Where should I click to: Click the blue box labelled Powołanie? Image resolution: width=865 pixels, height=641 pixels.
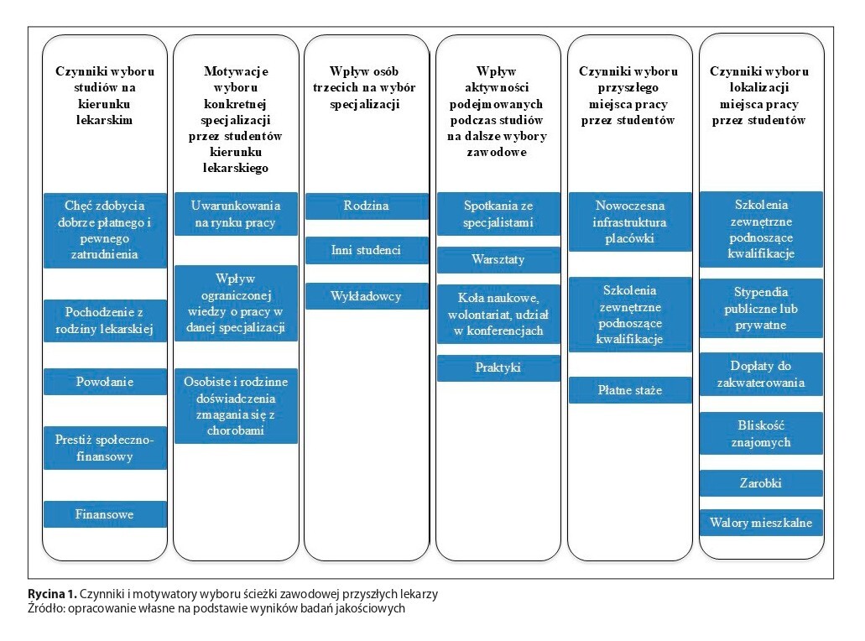point(105,382)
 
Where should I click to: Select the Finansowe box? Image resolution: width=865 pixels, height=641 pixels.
point(105,514)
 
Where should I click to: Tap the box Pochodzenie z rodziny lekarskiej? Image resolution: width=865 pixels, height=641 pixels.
point(105,320)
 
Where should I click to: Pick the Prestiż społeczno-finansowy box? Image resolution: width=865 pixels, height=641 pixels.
point(105,448)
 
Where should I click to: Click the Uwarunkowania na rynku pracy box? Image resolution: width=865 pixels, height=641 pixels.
point(236,214)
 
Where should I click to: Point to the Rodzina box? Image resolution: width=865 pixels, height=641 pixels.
point(367,206)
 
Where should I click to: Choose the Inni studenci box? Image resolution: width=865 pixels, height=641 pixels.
point(367,250)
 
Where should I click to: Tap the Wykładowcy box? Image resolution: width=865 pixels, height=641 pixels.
point(367,296)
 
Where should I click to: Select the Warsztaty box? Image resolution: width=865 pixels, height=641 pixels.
point(498,260)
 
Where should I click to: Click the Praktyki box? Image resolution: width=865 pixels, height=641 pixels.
point(498,368)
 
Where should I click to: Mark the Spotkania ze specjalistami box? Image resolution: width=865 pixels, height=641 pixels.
point(498,214)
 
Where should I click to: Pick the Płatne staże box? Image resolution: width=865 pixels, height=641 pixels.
point(630,390)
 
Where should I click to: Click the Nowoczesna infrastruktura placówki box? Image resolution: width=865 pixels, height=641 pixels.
point(630,221)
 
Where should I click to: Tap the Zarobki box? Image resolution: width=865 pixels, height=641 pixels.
point(761,483)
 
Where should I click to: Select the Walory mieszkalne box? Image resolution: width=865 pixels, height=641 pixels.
point(761,523)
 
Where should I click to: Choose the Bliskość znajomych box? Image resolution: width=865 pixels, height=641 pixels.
point(761,434)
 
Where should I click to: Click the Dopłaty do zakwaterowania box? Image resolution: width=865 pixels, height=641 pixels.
point(761,374)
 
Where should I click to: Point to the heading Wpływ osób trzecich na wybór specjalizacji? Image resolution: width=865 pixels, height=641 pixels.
point(364,87)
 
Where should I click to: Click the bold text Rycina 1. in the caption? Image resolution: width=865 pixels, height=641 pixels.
point(52,594)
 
